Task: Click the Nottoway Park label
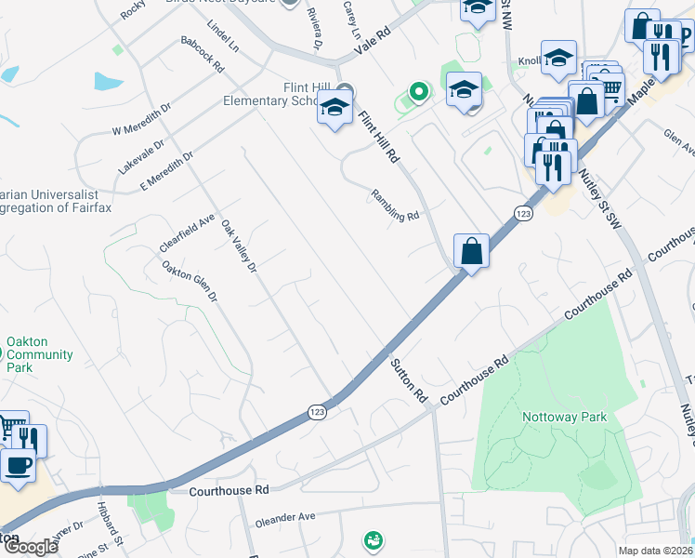(564, 417)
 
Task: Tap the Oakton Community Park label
(39, 354)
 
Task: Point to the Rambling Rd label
(396, 205)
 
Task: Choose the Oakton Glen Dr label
(190, 281)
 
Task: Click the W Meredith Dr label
(141, 119)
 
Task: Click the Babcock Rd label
(203, 55)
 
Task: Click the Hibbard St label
(110, 529)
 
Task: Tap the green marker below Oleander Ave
(373, 539)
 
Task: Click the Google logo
(30, 547)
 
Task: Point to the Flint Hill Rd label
(378, 137)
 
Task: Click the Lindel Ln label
(224, 35)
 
